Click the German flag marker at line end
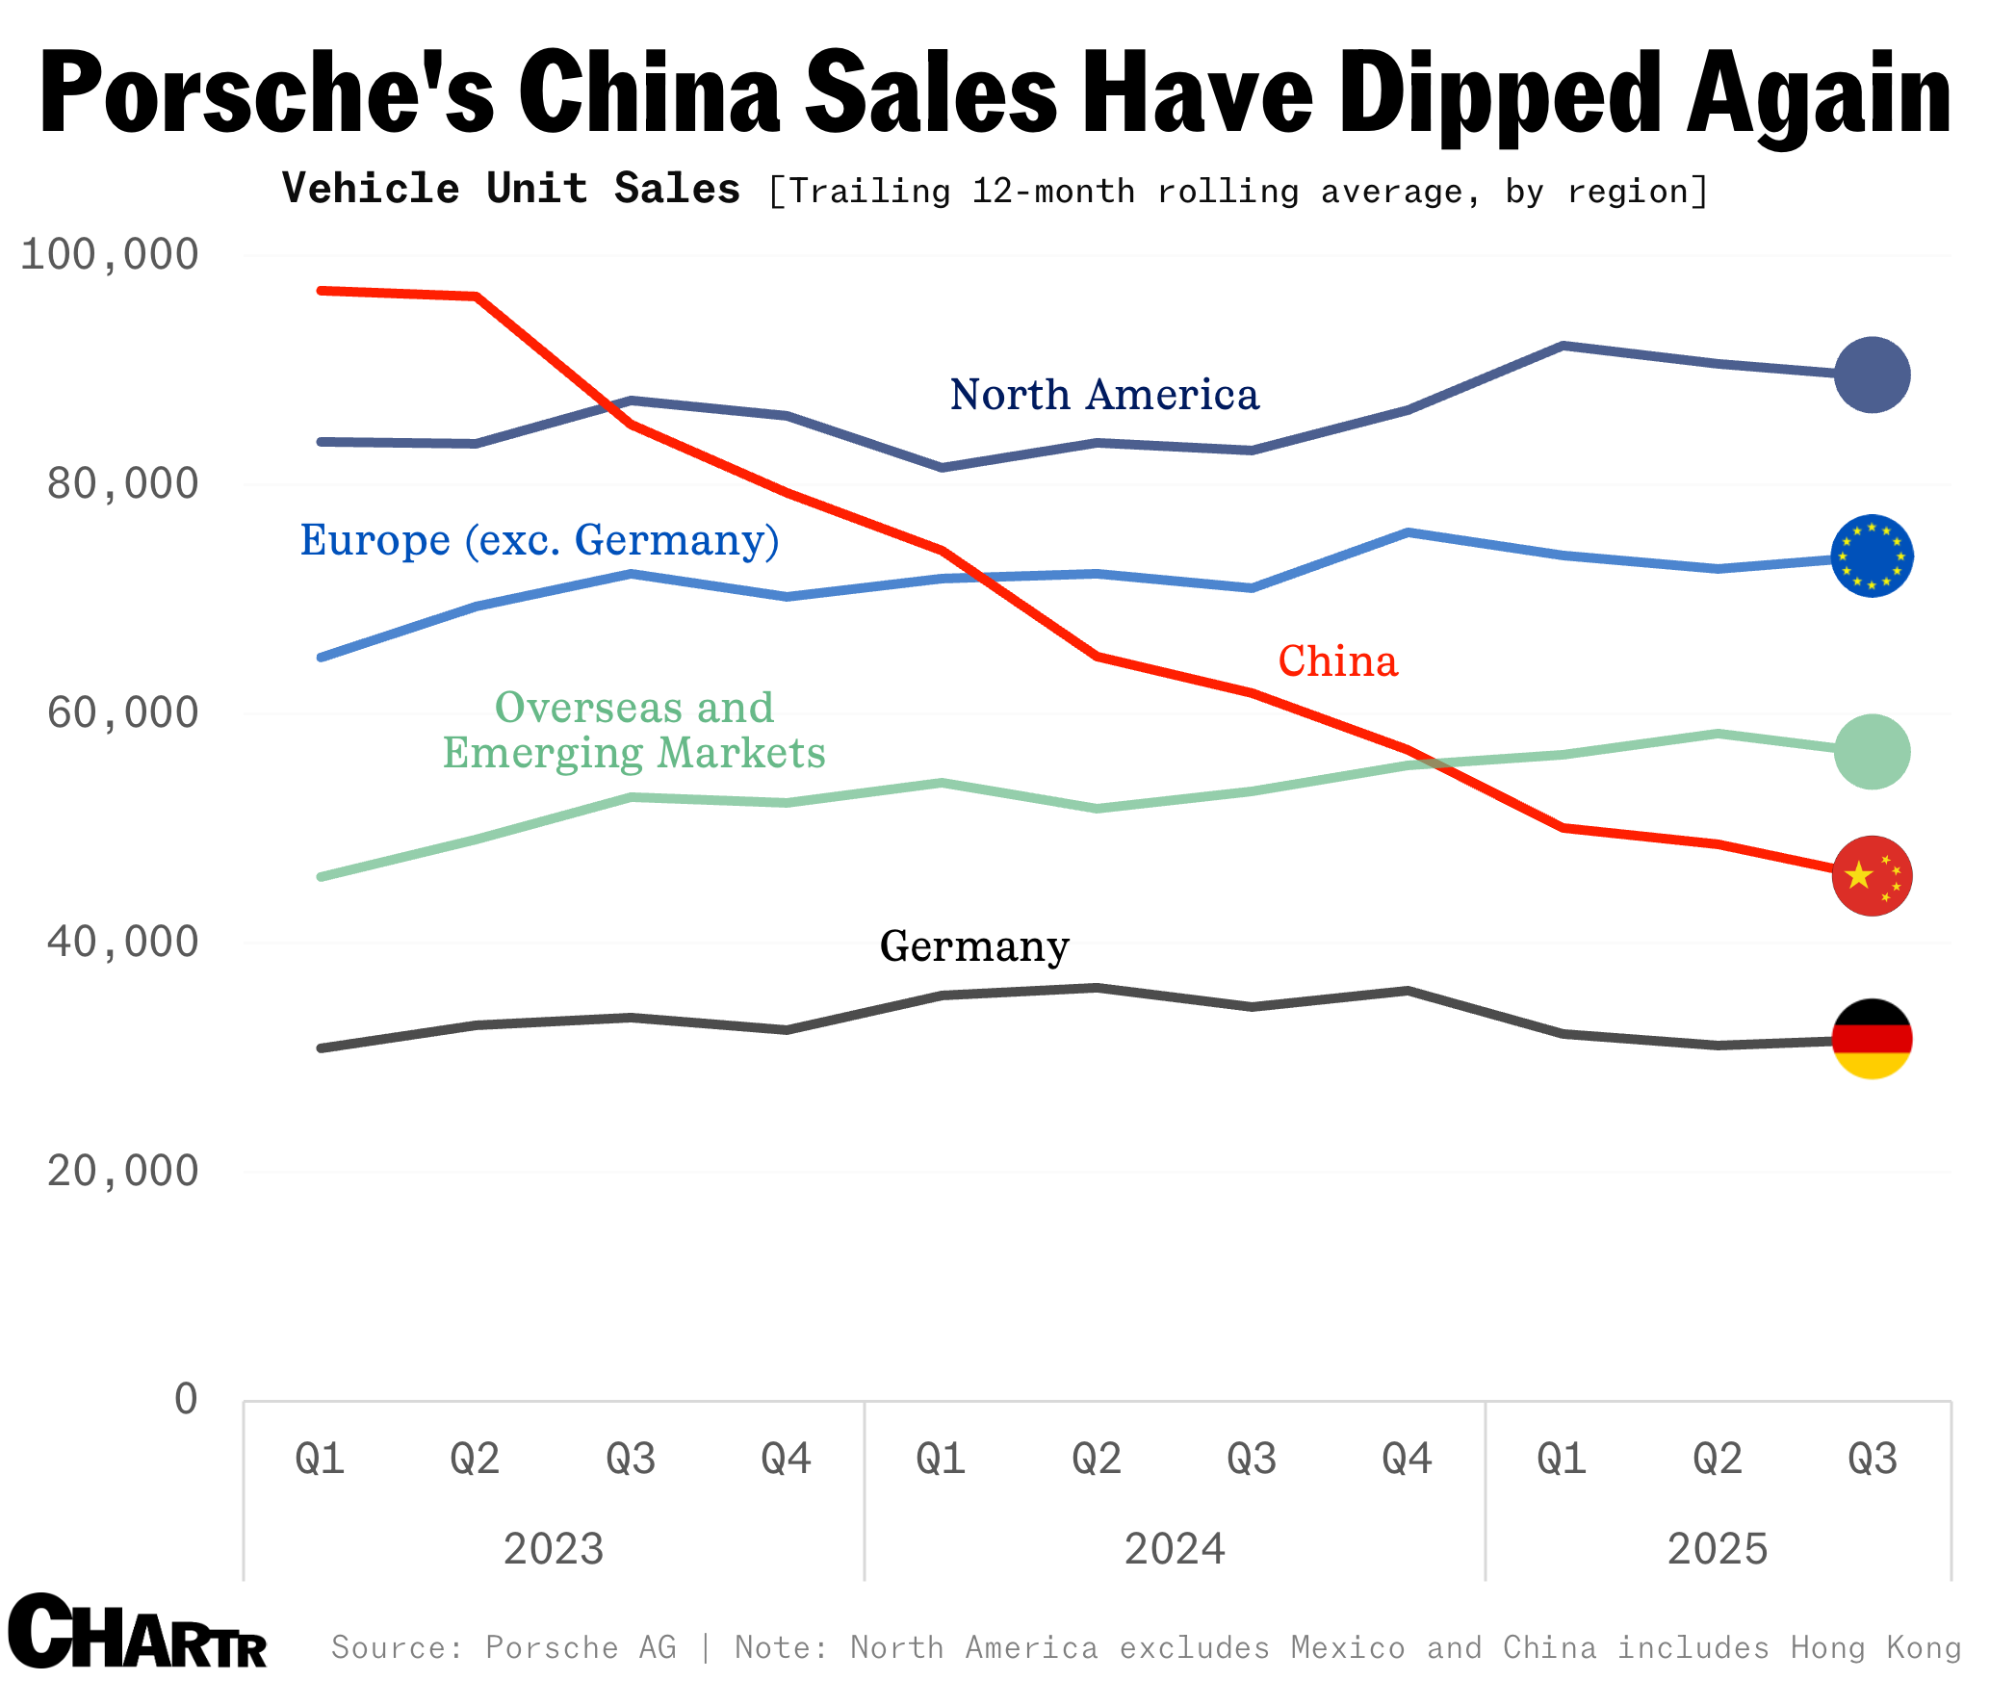tap(1871, 1040)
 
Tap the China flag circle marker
tap(1871, 876)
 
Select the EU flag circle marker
tap(1871, 556)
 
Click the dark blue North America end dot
tap(1871, 375)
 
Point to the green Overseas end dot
tap(1871, 752)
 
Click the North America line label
tap(1103, 395)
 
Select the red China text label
tap(1337, 661)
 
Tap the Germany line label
tap(974, 946)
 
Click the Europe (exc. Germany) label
tap(539, 540)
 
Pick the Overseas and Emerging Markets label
tap(633, 730)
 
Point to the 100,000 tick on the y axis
tap(109, 255)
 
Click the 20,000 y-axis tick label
tap(122, 1172)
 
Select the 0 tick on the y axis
tap(186, 1399)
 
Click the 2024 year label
tap(1175, 1549)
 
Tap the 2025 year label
tap(1718, 1549)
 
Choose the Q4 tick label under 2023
tap(786, 1459)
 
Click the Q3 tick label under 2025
tap(1872, 1459)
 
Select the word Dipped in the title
tap(1499, 93)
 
